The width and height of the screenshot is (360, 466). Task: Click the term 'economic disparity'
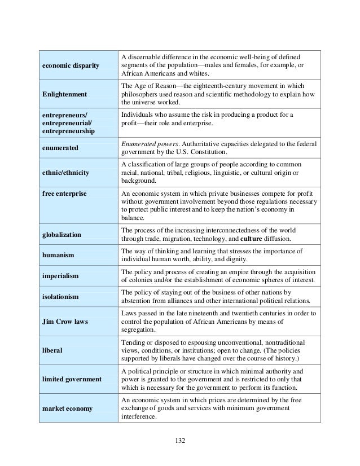(68, 67)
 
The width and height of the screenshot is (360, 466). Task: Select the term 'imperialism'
(60, 276)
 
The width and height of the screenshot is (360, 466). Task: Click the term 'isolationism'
(61, 297)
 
